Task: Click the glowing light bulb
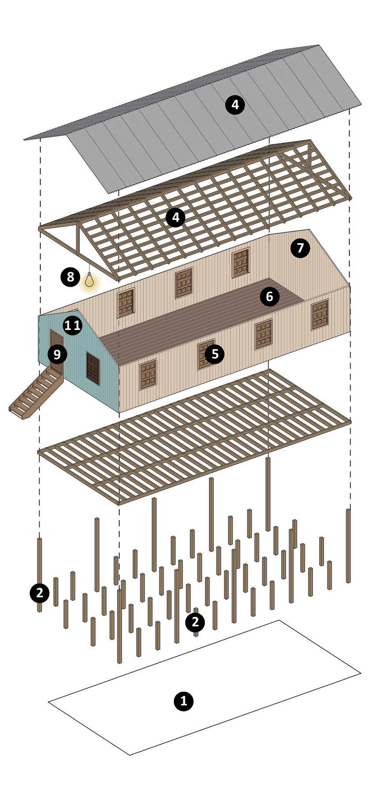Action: tap(89, 281)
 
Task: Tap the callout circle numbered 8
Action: tap(71, 277)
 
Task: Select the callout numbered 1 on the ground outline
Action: tap(183, 700)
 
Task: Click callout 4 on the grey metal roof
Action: tap(235, 105)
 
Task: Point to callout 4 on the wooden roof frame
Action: tap(175, 217)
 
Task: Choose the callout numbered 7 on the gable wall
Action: tap(300, 248)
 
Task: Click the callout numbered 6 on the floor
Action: tap(269, 297)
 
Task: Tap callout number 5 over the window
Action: tap(215, 354)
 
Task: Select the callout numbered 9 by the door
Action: tap(57, 354)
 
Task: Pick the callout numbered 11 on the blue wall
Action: tap(73, 325)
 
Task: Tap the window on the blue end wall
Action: tap(93, 368)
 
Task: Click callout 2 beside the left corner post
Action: tap(40, 593)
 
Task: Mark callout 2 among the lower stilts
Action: tap(195, 622)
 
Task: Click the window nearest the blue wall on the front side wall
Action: tap(149, 374)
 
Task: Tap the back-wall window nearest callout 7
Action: tap(241, 263)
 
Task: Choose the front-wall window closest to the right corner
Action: tap(320, 314)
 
